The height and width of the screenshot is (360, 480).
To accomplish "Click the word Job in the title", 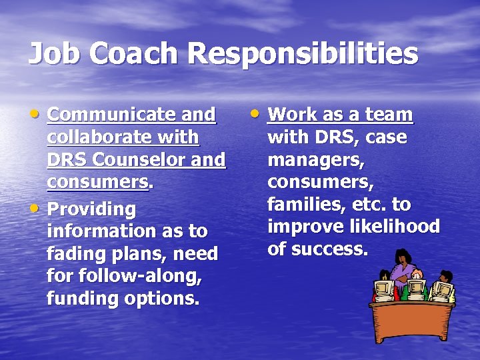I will click(x=53, y=54).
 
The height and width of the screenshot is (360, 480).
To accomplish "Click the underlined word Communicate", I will click(x=114, y=115).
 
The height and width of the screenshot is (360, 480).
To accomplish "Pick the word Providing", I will click(x=91, y=209).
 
